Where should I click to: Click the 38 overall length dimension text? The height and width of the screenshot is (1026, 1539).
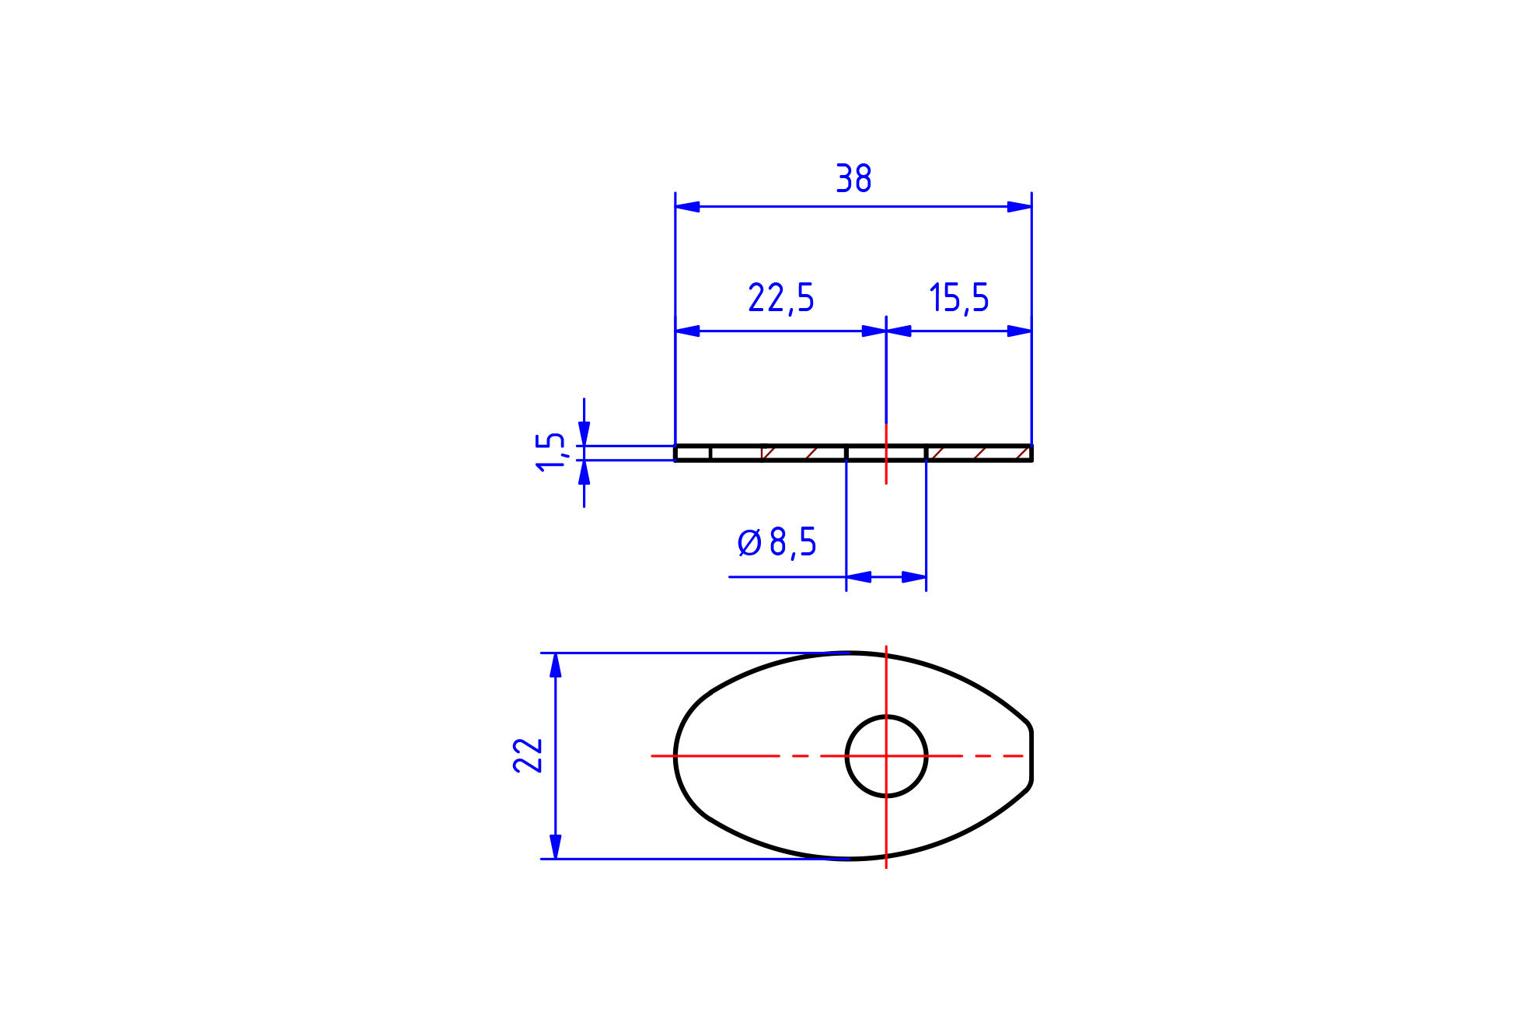pyautogui.click(x=853, y=179)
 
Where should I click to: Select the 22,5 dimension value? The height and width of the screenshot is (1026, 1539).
pyautogui.click(x=781, y=299)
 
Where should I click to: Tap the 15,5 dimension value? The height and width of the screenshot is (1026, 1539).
pyautogui.click(x=959, y=299)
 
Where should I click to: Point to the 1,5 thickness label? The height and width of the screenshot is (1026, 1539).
pyautogui.click(x=550, y=451)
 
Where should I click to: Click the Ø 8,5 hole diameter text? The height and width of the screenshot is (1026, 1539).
pyautogui.click(x=777, y=542)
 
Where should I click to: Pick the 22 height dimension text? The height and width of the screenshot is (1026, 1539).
pyautogui.click(x=528, y=755)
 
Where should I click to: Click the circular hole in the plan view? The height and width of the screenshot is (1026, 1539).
pyautogui.click(x=887, y=716)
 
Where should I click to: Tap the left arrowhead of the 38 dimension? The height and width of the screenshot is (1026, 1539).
pyautogui.click(x=687, y=207)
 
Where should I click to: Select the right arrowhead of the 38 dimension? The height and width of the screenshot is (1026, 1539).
pyautogui.click(x=1019, y=207)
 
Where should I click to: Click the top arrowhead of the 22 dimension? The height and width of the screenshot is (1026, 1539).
pyautogui.click(x=555, y=666)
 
